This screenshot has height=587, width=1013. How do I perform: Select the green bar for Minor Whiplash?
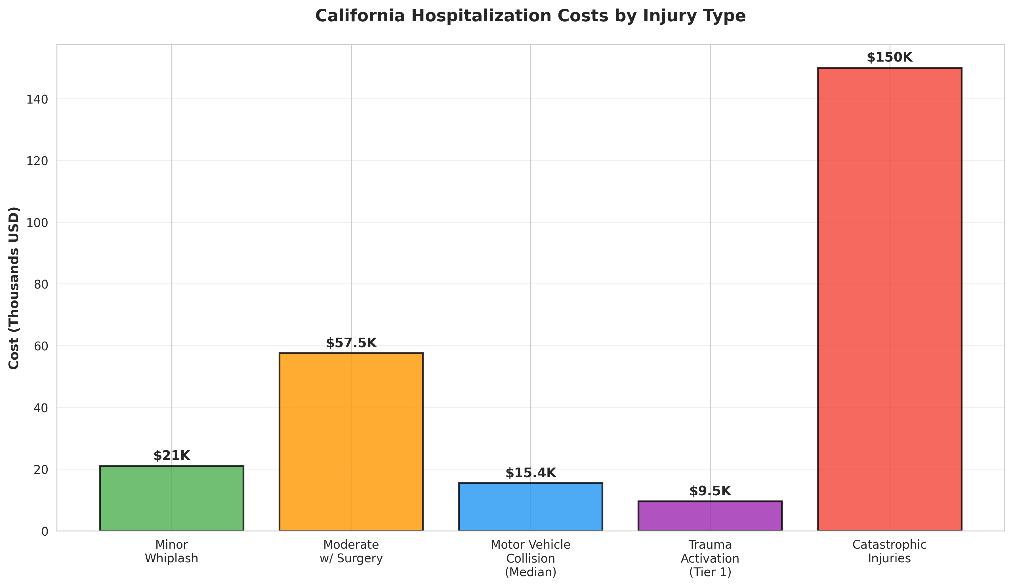click(172, 498)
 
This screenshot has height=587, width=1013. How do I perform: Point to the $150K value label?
click(889, 58)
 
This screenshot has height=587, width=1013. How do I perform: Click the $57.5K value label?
click(351, 343)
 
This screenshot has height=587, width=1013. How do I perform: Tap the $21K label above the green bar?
click(172, 456)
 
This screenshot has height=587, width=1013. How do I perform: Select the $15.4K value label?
click(531, 473)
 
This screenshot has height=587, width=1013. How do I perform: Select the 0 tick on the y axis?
click(44, 531)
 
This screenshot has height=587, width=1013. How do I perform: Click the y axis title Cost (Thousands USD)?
click(14, 288)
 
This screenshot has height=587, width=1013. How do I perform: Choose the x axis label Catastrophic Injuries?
click(889, 552)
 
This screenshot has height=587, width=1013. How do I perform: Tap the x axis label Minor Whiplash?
click(172, 552)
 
